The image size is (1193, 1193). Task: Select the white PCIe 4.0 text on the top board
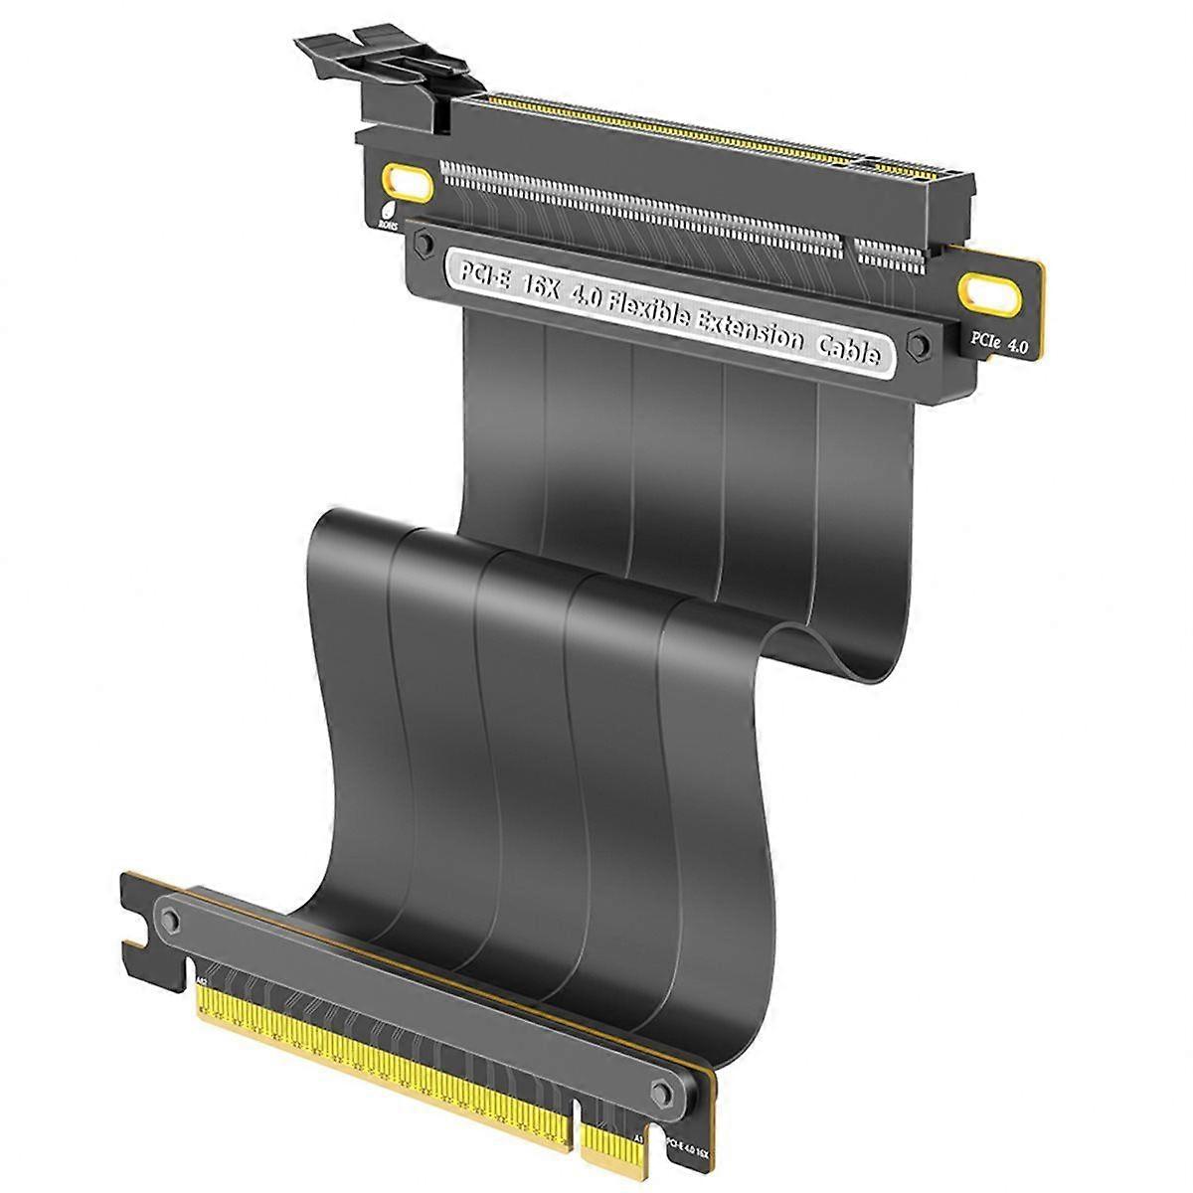(998, 344)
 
